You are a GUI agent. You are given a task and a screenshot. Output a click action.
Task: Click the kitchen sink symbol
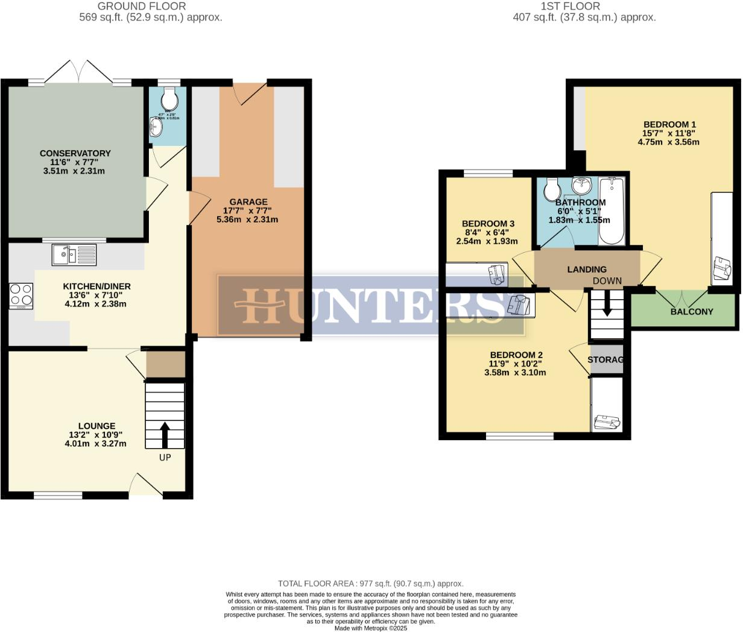(74, 254)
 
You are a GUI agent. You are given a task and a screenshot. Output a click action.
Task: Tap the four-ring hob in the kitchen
(21, 295)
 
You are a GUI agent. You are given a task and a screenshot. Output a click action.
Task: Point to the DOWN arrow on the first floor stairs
(607, 304)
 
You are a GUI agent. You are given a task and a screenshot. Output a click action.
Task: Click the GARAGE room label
(248, 202)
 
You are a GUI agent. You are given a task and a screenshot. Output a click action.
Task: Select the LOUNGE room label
(96, 426)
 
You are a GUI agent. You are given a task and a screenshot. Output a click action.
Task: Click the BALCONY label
(691, 312)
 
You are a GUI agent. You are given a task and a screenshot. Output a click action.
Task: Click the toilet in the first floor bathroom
(552, 191)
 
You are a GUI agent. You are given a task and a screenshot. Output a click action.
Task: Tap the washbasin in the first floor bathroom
(583, 184)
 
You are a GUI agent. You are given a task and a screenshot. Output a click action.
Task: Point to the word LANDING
(587, 270)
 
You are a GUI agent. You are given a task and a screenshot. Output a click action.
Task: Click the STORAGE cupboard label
(605, 359)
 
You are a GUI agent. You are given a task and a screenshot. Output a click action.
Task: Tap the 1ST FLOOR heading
(570, 7)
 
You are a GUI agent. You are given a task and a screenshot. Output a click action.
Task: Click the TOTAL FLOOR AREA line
(370, 584)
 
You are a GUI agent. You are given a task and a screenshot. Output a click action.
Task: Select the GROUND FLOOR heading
(142, 7)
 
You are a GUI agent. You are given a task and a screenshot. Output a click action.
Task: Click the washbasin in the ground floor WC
(156, 126)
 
